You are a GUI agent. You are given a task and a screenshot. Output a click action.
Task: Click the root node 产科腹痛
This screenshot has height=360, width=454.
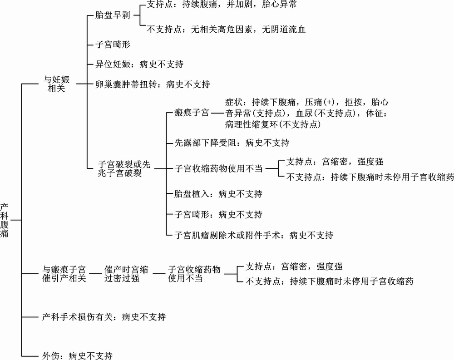[x=5, y=220]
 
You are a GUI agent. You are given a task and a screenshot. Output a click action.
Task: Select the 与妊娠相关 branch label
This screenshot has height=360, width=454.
[x=56, y=84]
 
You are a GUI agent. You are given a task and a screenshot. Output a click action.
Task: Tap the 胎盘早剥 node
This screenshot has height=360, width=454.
[x=113, y=15]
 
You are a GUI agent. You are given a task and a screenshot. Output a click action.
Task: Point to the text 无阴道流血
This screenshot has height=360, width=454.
[x=284, y=29]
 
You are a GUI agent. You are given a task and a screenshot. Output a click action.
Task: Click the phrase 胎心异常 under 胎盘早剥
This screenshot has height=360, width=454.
[x=279, y=5]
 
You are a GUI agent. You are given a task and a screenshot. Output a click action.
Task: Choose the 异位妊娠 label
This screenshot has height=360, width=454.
[x=113, y=64]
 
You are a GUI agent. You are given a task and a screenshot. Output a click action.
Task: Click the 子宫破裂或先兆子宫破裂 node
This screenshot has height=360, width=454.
[x=124, y=168]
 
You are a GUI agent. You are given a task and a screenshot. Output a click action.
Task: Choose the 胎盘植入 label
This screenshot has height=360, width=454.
[x=192, y=194]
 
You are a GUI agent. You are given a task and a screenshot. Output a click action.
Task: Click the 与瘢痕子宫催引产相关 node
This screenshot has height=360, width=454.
[x=64, y=274]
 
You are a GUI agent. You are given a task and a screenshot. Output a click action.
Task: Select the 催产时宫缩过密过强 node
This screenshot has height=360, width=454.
[x=126, y=274]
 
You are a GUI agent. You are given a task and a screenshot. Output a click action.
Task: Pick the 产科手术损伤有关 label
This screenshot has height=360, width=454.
[x=77, y=317]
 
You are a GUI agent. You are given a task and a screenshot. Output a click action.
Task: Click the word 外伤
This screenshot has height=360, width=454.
[x=51, y=355]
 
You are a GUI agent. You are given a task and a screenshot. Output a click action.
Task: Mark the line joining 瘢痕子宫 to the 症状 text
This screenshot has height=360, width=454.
[x=218, y=113]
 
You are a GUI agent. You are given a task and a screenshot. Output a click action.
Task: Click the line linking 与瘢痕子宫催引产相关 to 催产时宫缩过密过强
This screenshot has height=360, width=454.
[x=95, y=274]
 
